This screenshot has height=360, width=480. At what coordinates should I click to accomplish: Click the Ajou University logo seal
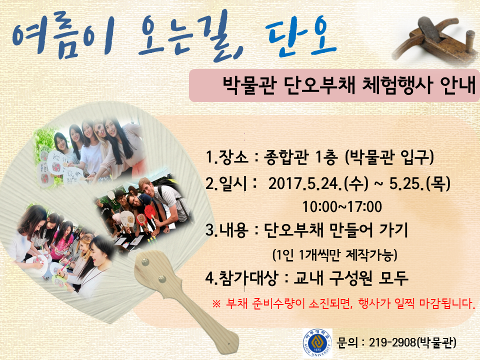pos(317,343)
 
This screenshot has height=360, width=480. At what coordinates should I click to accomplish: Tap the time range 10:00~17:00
pos(342,206)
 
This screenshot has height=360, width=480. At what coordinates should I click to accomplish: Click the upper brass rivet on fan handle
pos(144,262)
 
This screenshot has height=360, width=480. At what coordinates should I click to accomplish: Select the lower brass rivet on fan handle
pos(161,278)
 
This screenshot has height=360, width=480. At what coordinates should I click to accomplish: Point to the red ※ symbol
pos(216,304)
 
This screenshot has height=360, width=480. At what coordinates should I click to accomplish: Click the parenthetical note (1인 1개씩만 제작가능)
pos(334,254)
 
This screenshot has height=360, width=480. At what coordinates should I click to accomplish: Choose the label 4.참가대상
pos(241,278)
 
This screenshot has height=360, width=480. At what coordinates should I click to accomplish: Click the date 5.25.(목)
pos(419,183)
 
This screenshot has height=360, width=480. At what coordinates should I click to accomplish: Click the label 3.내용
pos(226,230)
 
